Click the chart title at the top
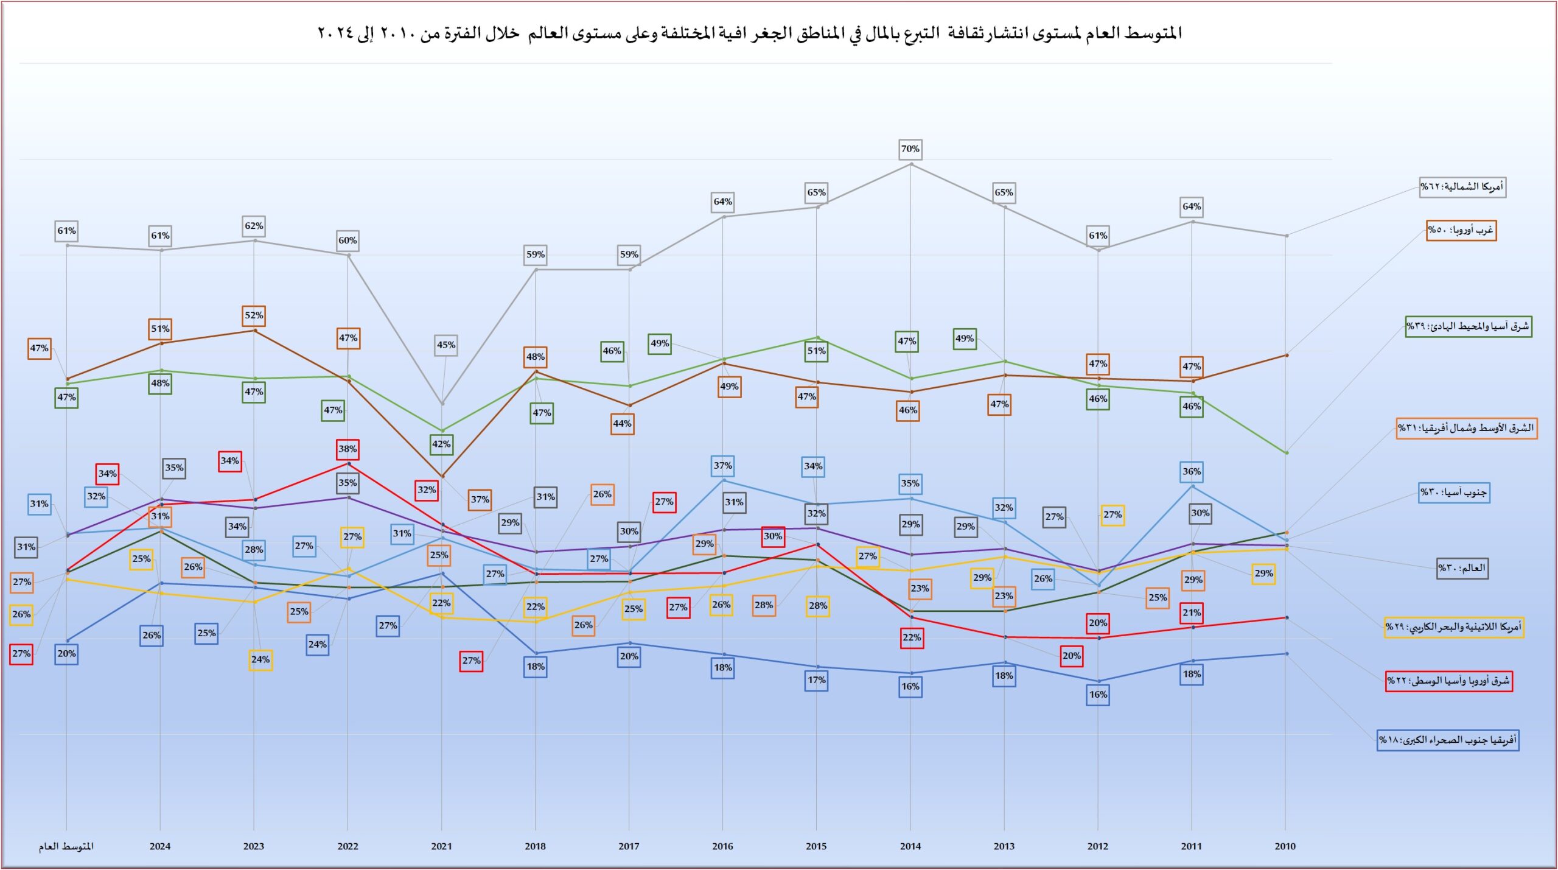click(x=749, y=33)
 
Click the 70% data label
click(x=910, y=149)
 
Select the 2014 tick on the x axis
click(x=910, y=846)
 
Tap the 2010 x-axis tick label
click(x=1285, y=846)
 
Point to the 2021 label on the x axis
click(x=442, y=846)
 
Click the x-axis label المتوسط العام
click(x=66, y=846)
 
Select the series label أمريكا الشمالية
click(x=1462, y=186)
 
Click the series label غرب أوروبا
click(x=1461, y=230)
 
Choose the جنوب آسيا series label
click(x=1454, y=492)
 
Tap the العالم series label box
click(x=1462, y=568)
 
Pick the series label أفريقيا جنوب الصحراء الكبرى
click(x=1448, y=740)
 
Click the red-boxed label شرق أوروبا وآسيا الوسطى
click(x=1448, y=681)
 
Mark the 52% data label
click(x=254, y=315)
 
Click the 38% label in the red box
click(x=348, y=449)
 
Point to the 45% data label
click(x=446, y=345)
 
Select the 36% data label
click(x=1192, y=471)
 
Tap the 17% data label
click(x=817, y=680)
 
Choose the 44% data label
click(x=622, y=424)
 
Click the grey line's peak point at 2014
click(x=911, y=164)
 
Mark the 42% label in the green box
click(x=441, y=444)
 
